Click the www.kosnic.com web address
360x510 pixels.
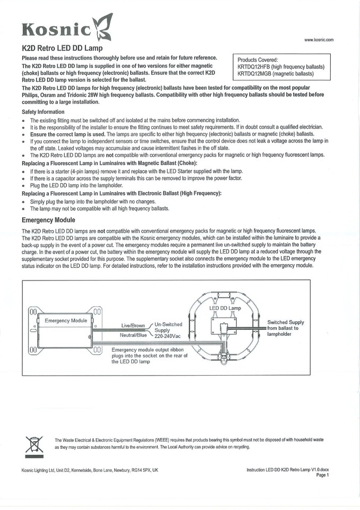(319, 40)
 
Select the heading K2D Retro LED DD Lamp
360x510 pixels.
(62, 48)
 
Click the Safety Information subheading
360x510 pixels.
(43, 112)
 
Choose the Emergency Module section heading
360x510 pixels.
(48, 220)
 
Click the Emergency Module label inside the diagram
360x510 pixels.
(66, 321)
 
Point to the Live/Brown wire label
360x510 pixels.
(133, 326)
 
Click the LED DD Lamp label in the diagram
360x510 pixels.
(225, 308)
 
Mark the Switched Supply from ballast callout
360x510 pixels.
(286, 328)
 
